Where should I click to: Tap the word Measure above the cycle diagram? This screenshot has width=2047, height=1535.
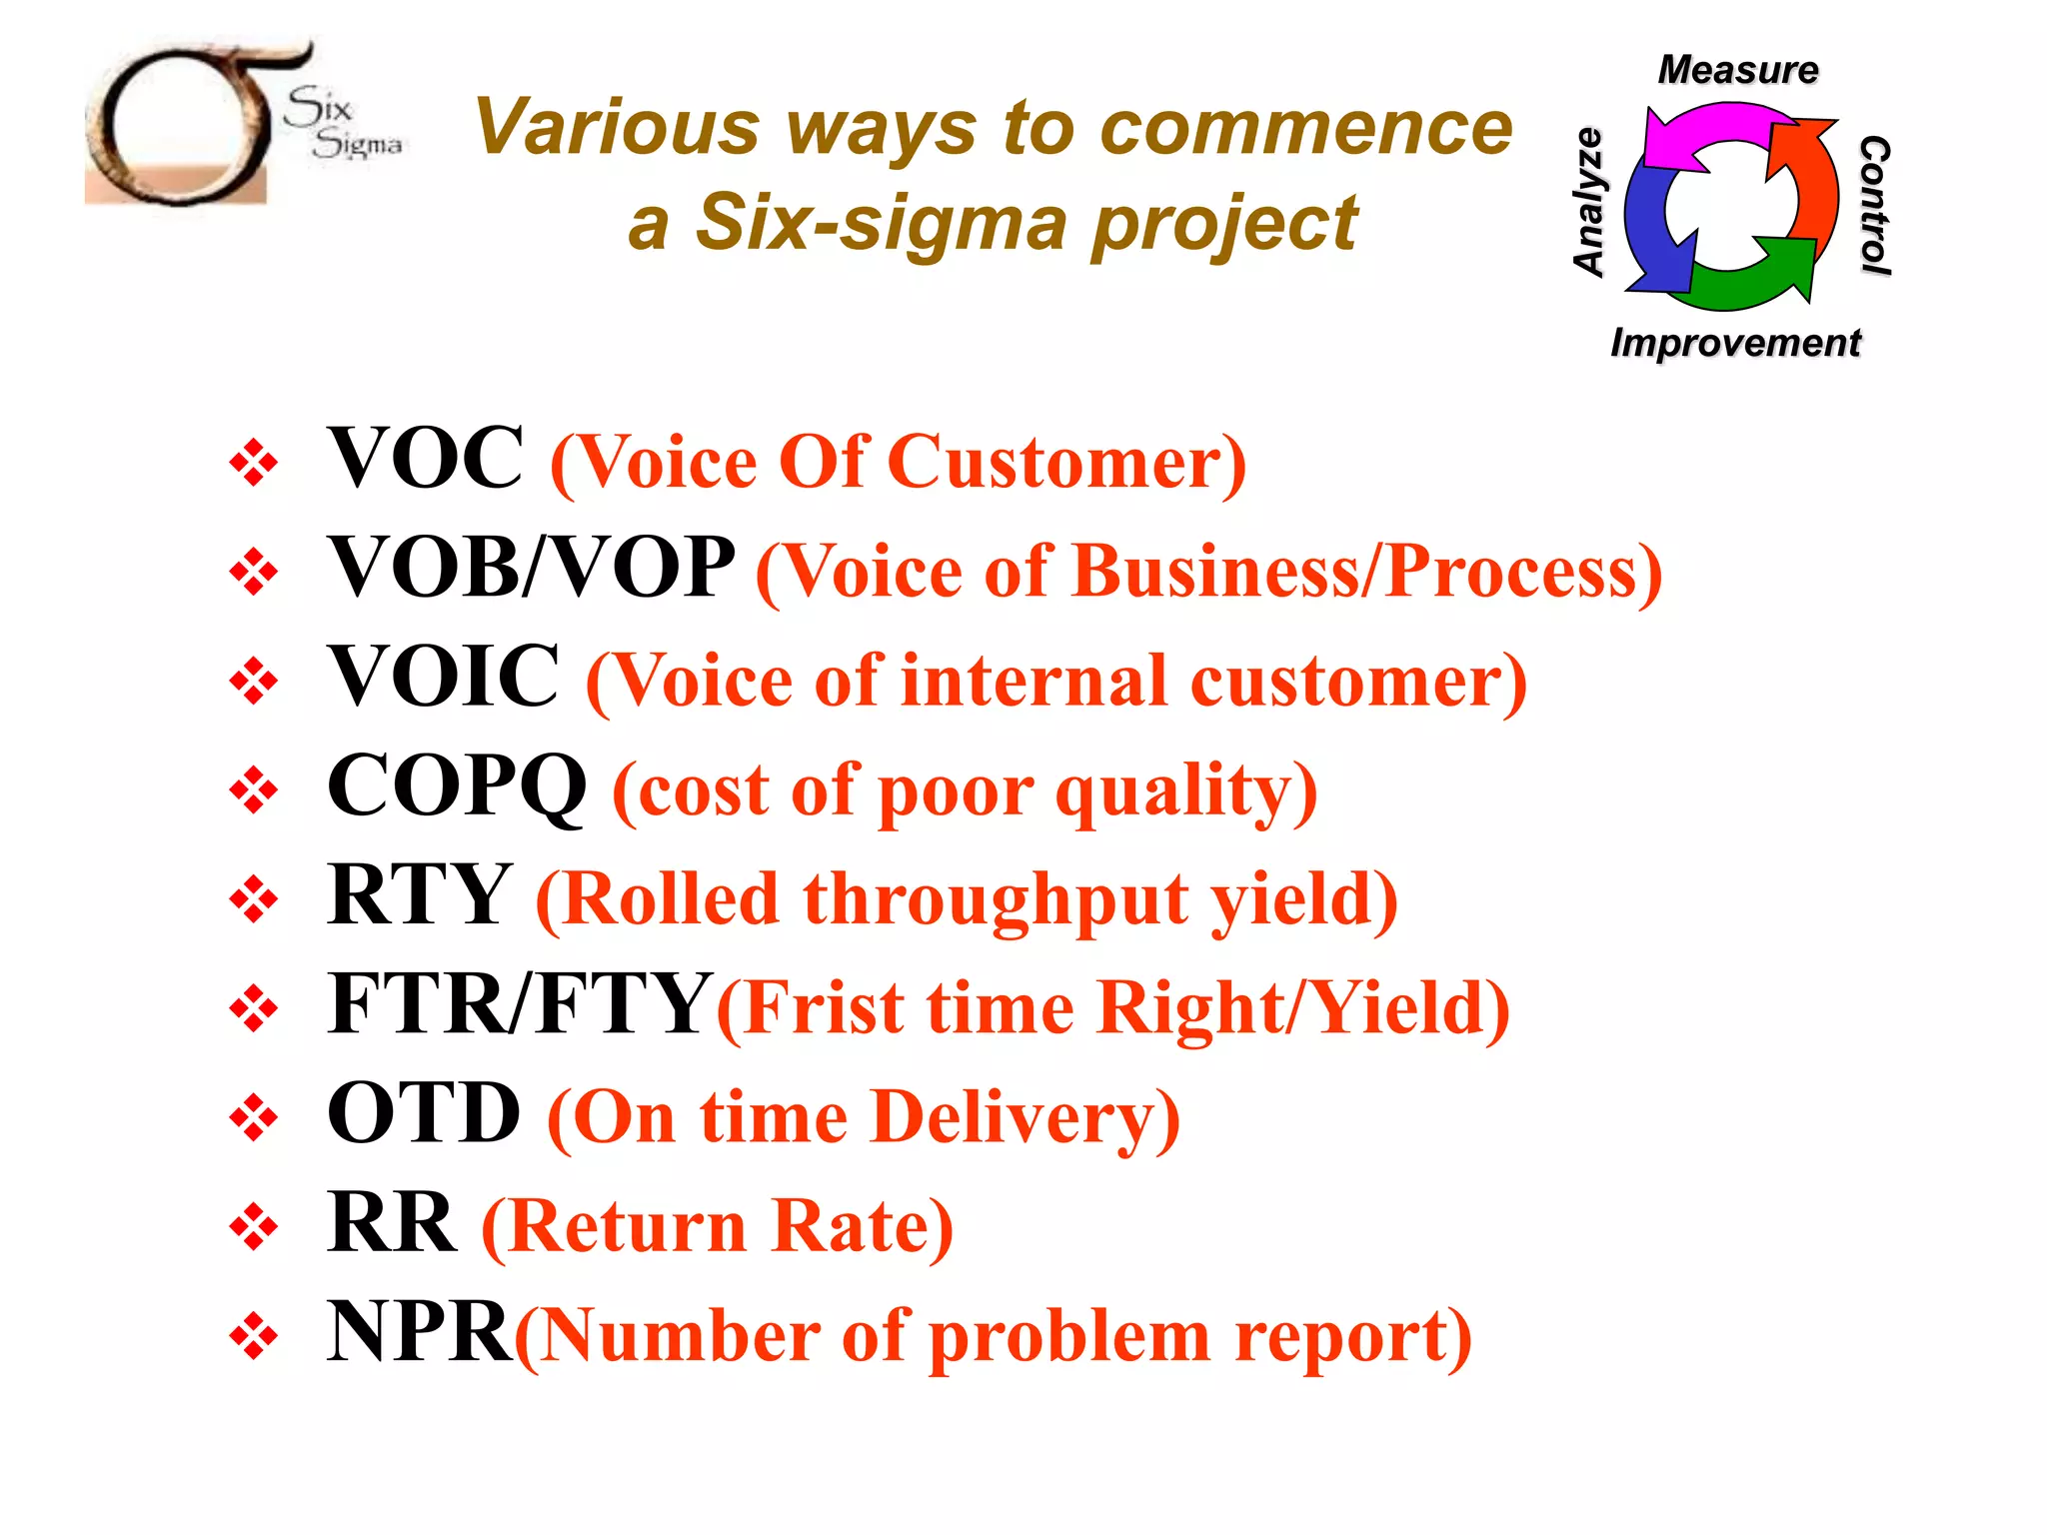tap(1738, 70)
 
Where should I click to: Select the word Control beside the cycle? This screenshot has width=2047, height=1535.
tap(1874, 205)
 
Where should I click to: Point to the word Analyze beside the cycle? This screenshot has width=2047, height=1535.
tap(1588, 202)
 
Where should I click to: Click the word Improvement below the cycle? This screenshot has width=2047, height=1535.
tap(1735, 343)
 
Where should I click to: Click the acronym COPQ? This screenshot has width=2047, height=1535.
tap(457, 786)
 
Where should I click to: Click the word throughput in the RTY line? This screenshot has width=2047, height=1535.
tap(996, 899)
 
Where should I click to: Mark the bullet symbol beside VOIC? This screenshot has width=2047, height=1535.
tap(254, 682)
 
